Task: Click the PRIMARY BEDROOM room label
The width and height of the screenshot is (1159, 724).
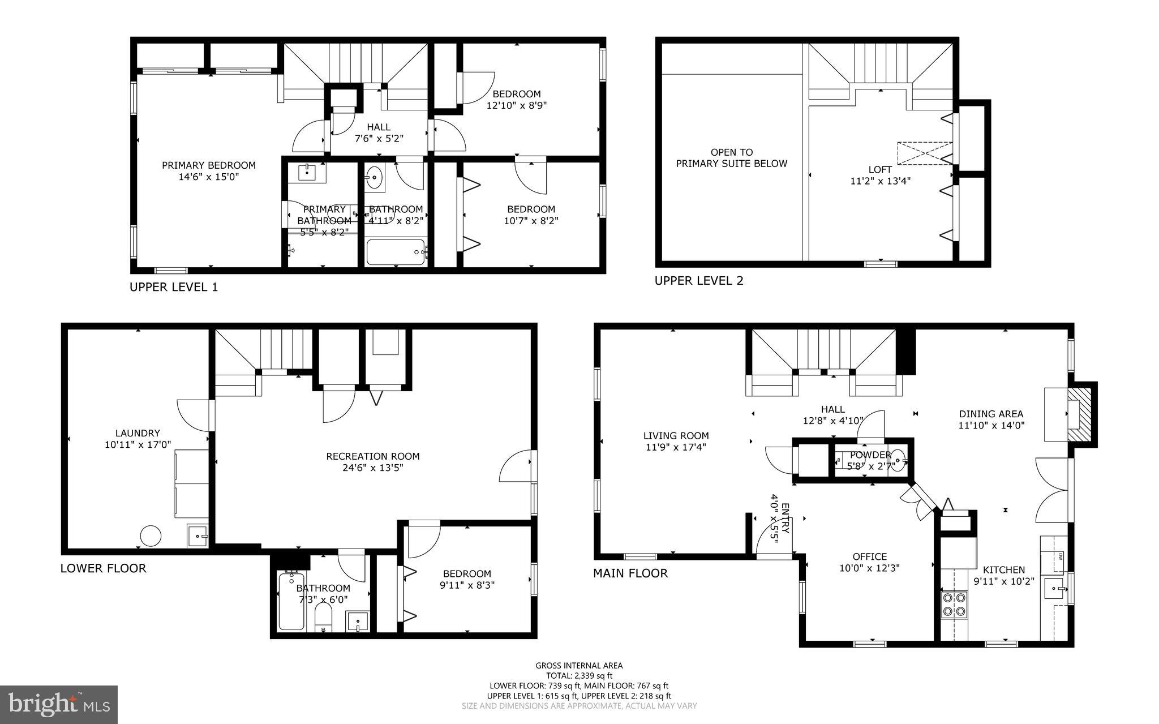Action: [x=209, y=165]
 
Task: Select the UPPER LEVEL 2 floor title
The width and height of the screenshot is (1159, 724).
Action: [x=699, y=281]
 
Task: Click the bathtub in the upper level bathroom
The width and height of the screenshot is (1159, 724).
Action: [x=396, y=252]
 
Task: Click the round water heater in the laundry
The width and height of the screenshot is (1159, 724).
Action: [x=151, y=535]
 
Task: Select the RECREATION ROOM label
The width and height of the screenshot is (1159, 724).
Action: [x=373, y=456]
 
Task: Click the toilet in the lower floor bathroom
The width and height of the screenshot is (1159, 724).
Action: [x=323, y=617]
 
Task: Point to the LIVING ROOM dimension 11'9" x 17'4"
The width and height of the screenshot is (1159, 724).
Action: [x=676, y=447]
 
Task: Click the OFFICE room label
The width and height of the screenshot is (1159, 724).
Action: [x=870, y=556]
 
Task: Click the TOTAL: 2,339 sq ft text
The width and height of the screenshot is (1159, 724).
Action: [x=579, y=676]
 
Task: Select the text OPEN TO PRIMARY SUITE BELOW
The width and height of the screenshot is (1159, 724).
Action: [x=731, y=158]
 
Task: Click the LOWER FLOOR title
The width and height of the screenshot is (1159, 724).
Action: [x=103, y=568]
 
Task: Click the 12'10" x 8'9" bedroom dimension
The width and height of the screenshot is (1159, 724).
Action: [x=517, y=105]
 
